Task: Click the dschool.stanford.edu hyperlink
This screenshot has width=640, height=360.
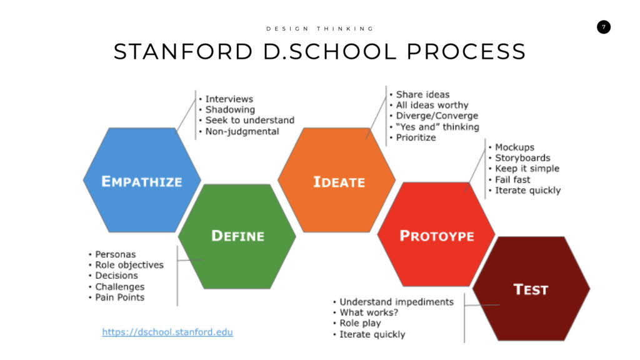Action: (167, 332)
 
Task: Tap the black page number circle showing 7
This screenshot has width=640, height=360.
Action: (604, 27)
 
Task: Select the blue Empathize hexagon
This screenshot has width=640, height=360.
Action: (142, 180)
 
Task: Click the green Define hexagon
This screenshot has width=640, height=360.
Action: (237, 236)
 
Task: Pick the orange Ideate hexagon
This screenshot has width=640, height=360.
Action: (337, 180)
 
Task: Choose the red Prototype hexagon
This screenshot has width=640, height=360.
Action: (436, 234)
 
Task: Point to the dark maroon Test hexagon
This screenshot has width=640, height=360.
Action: (531, 289)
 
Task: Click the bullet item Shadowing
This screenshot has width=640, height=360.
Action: (230, 109)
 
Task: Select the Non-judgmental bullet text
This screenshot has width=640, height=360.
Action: (242, 131)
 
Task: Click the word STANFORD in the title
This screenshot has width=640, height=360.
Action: (183, 51)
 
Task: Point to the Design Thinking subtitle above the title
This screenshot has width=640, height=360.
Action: (320, 29)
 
